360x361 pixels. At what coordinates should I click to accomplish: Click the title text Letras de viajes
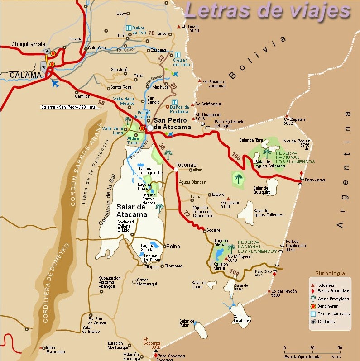tap(268, 11)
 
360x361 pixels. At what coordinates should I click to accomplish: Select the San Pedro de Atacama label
tap(172, 123)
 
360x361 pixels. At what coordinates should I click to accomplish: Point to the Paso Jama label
tap(315, 180)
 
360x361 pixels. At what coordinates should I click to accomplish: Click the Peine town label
tap(173, 246)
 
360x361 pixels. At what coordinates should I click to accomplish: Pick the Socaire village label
tap(214, 230)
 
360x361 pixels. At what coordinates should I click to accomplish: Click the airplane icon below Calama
tap(56, 84)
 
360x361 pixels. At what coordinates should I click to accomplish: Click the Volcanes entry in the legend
tap(326, 285)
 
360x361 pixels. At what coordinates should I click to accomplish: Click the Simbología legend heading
tap(330, 273)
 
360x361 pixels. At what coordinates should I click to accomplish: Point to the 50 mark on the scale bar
tap(339, 347)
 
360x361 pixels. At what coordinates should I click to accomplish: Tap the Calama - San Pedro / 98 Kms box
tap(68, 107)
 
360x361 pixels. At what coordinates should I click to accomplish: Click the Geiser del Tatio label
tap(182, 62)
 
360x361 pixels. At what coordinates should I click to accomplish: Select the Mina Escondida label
tap(55, 349)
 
